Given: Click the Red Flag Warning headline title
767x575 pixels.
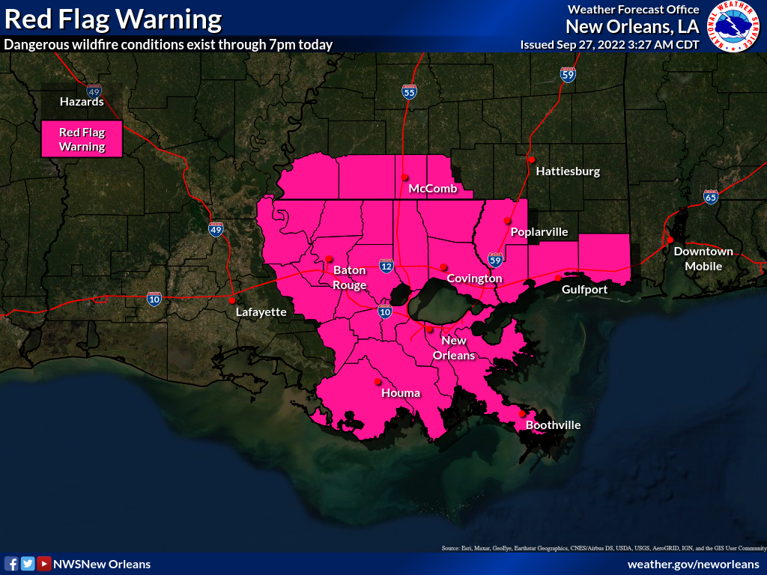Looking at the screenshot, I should pos(113,19).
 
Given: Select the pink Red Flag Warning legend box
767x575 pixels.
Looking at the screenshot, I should pos(82,139).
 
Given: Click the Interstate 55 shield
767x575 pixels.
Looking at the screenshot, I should pos(409,92).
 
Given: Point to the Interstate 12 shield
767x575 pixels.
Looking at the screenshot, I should pos(386,266).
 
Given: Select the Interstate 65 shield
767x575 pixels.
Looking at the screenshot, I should pos(711,197).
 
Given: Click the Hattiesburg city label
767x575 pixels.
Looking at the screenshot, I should pos(568,171).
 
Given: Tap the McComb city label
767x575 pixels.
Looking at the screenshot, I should pos(432,189).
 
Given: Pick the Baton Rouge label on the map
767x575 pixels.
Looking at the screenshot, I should pos(350,277).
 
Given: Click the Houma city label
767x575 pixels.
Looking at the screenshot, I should pos(401,393).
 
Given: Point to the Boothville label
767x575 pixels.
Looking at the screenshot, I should pos(553,425).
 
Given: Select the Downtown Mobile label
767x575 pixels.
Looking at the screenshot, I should pos(703,258).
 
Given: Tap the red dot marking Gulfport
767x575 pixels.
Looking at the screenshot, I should pos(558,278).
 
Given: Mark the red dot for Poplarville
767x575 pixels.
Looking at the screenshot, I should pos(507,220).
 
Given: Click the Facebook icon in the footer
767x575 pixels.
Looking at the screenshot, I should pos(11,564).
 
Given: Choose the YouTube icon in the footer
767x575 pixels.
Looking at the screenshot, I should pos(44,564).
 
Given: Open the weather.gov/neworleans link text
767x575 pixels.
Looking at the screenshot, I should pos(694,564).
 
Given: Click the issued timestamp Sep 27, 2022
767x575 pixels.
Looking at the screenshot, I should pos(610,45).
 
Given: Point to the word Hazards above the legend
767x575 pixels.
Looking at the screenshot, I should pos(82,102).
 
